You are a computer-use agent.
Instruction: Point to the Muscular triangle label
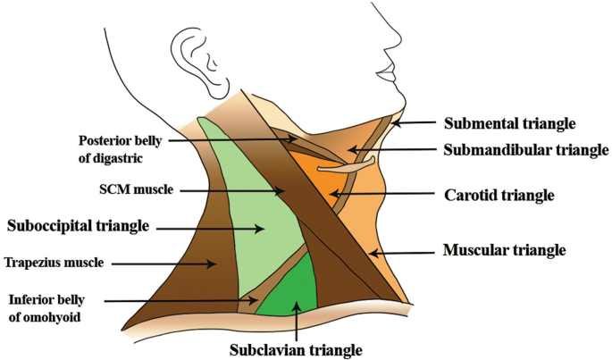(505, 250)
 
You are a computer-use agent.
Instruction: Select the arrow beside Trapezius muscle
(193, 263)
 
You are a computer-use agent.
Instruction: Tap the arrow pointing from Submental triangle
(415, 122)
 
